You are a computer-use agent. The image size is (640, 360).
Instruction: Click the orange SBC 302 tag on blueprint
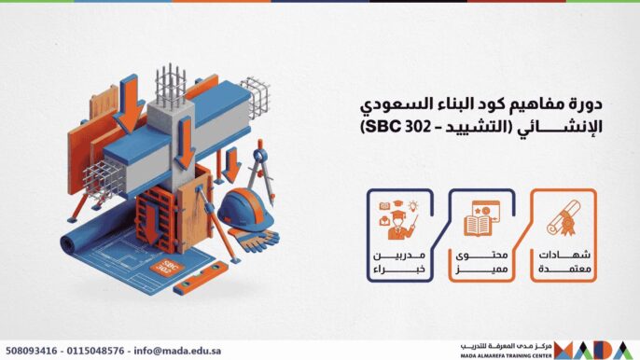171,269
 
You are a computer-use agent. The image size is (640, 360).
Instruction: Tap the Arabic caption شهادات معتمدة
562,263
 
